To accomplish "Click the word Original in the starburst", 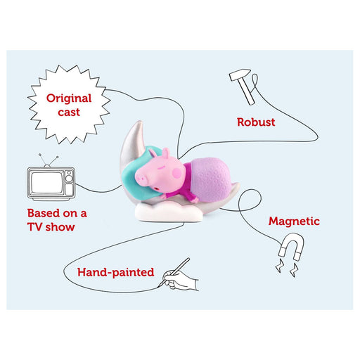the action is point(69,99).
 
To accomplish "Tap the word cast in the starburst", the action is point(69,112).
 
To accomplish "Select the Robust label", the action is point(256,122).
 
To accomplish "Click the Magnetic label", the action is point(294,221).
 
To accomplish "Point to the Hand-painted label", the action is point(116,272).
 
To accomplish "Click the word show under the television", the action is point(60,227).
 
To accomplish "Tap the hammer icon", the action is point(242,86).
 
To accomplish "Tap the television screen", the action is point(47,183).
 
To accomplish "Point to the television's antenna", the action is point(49,160).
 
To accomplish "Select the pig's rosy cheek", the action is point(177,174).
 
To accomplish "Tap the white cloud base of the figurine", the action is point(168,212).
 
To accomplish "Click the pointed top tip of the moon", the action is point(141,121).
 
